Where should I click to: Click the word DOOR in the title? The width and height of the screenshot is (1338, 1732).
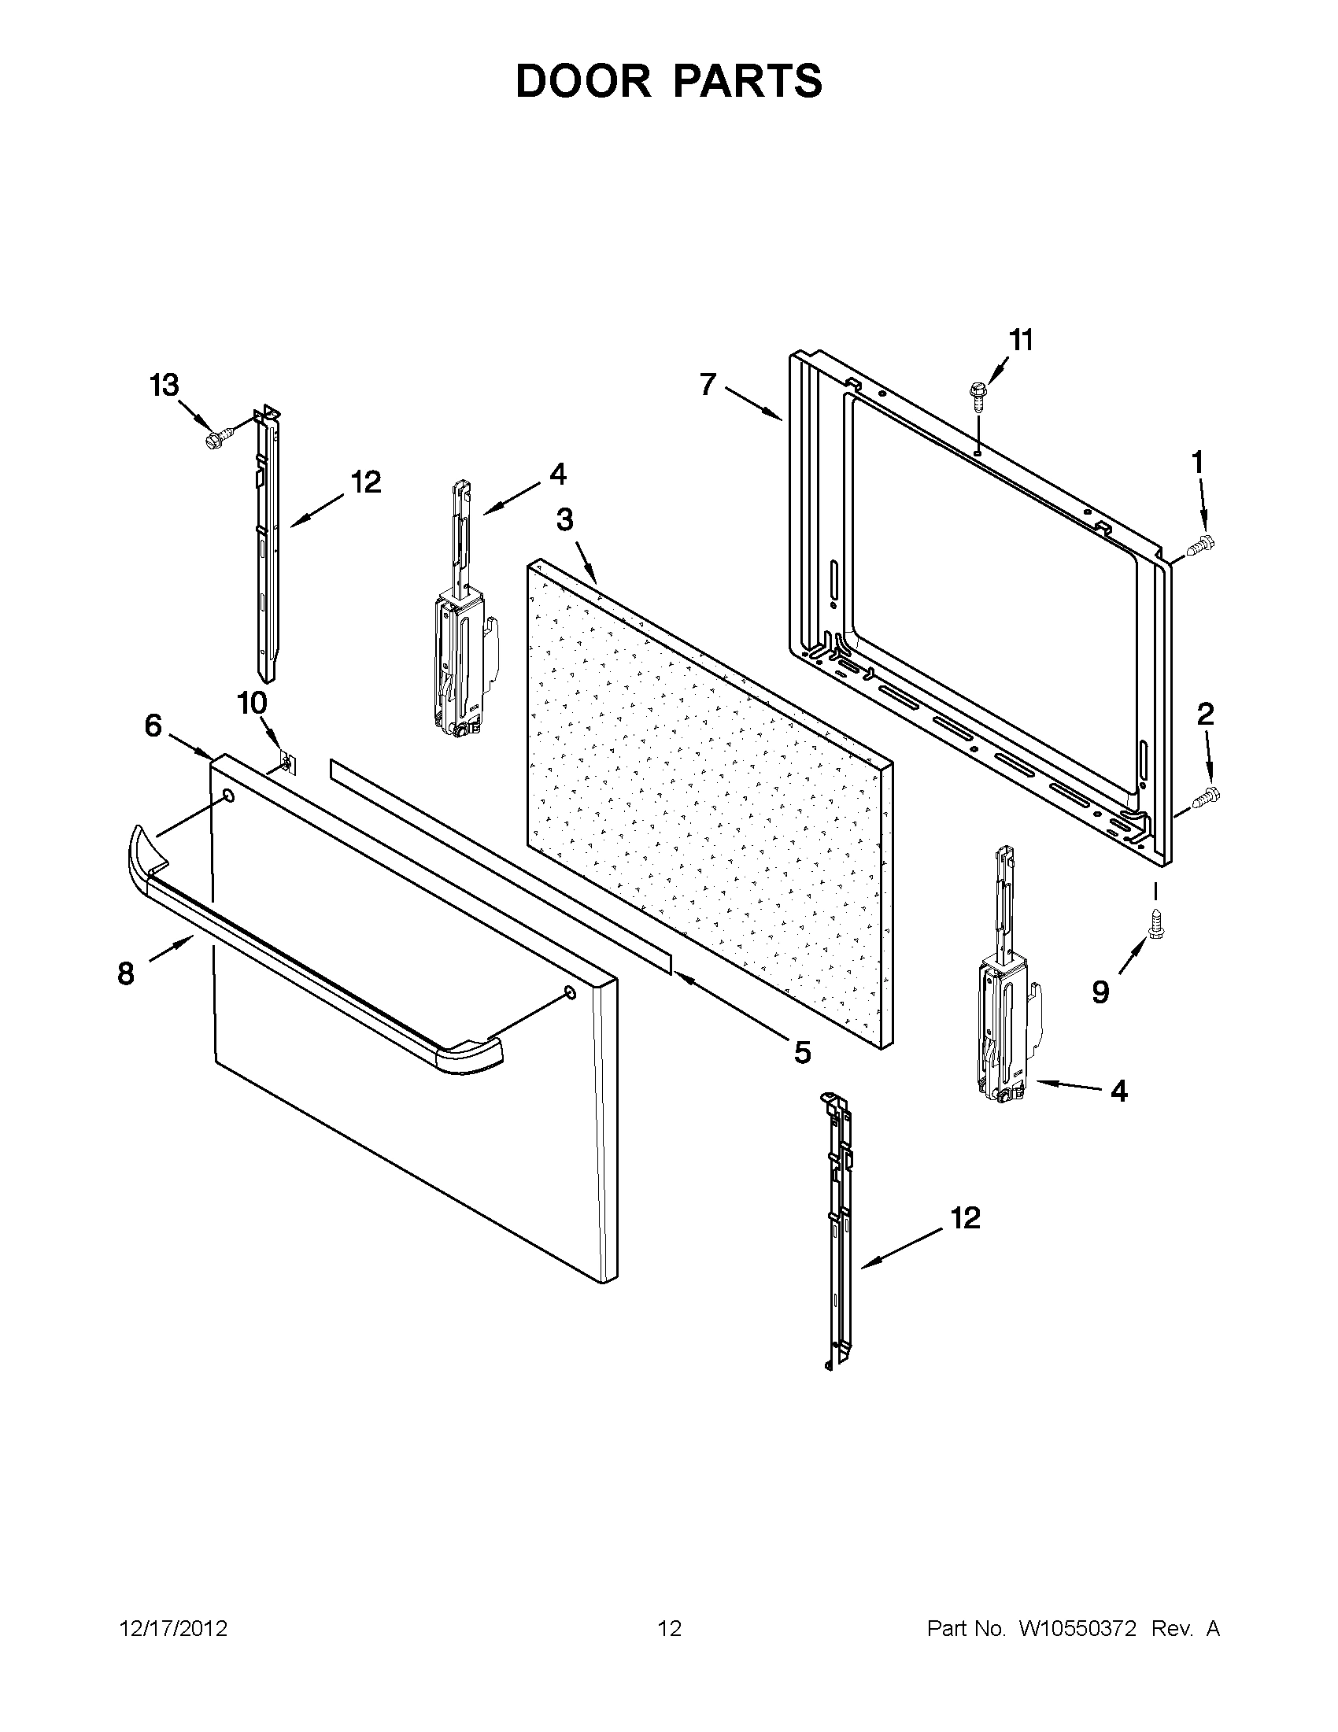pyautogui.click(x=583, y=81)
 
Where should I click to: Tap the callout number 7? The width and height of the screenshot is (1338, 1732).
pyautogui.click(x=708, y=385)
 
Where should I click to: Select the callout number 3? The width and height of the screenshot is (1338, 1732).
pyautogui.click(x=564, y=520)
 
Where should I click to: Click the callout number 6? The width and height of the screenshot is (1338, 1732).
pyautogui.click(x=153, y=725)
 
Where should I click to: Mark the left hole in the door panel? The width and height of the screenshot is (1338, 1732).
pyautogui.click(x=228, y=796)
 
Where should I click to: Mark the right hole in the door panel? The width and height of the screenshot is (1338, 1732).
pyautogui.click(x=570, y=992)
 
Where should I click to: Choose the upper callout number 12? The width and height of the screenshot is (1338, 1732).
pyautogui.click(x=367, y=482)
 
